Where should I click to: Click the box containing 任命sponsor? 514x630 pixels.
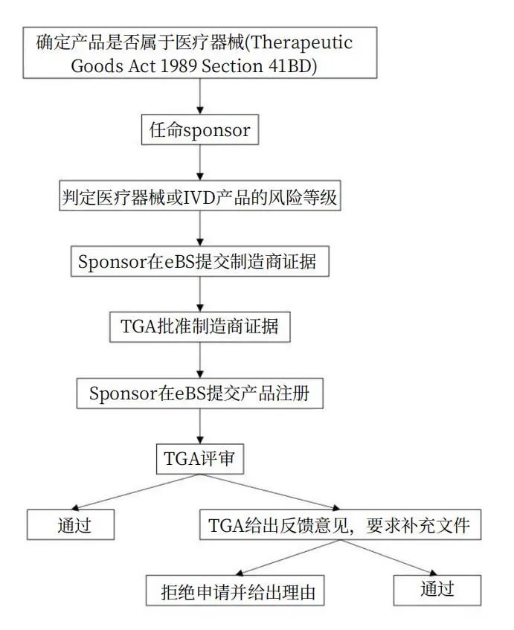pos(199,131)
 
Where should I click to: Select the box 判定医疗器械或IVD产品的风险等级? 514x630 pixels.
pos(199,196)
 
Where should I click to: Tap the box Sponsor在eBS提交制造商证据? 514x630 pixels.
pos(199,262)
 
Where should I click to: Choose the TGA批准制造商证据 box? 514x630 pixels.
pos(199,327)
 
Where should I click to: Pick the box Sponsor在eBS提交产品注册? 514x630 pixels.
pos(199,393)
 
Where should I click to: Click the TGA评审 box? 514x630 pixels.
pos(199,458)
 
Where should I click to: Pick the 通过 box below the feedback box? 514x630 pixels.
pos(437,590)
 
